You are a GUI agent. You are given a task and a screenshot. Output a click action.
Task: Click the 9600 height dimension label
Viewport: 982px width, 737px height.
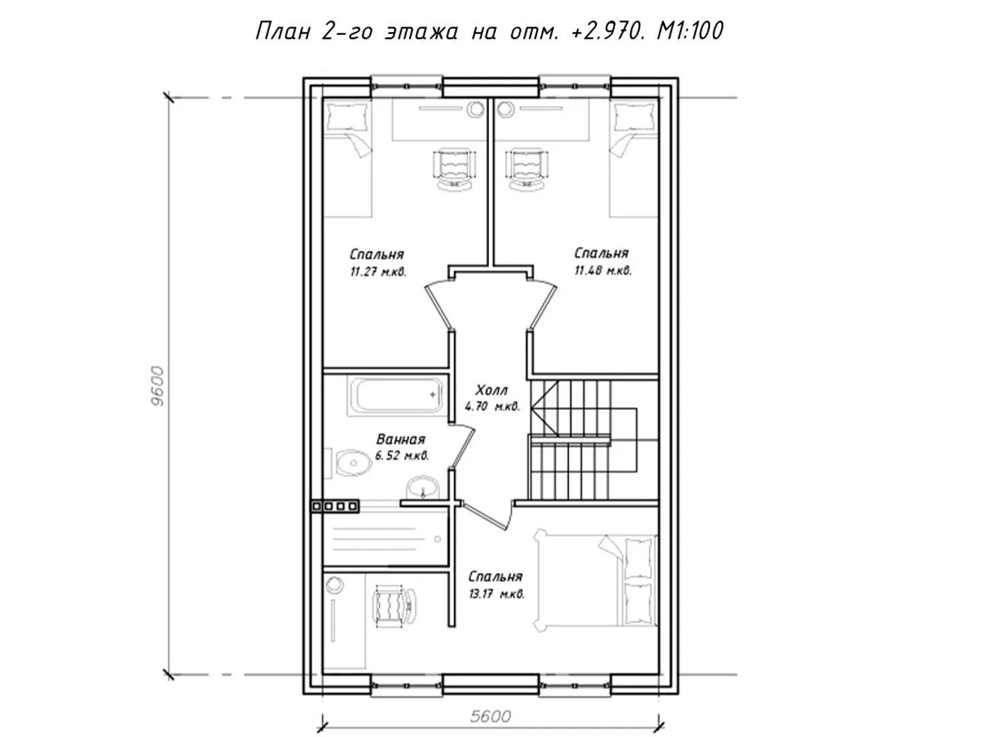coord(158,386)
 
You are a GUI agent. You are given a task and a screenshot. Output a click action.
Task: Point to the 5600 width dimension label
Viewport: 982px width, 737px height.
coord(490,717)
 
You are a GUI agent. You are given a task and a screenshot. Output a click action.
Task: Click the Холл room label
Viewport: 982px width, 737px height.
coord(492,390)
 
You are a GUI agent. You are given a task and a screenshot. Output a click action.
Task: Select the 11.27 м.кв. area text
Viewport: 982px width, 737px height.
coord(378,272)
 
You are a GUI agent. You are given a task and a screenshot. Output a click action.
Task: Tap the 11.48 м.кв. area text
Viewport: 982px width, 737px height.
coord(603,270)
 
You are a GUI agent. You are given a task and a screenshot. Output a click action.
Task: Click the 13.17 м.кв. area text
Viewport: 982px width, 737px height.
coord(496,594)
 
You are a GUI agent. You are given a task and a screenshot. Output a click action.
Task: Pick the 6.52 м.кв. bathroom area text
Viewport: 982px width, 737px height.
coord(402,456)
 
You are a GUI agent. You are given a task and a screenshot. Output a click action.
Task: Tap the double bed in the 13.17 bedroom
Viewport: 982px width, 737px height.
coord(595,580)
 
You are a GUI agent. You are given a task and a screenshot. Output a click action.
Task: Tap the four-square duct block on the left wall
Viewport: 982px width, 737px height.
coord(336,506)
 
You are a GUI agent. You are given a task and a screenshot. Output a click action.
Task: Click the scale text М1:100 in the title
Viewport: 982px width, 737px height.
coord(690,31)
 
